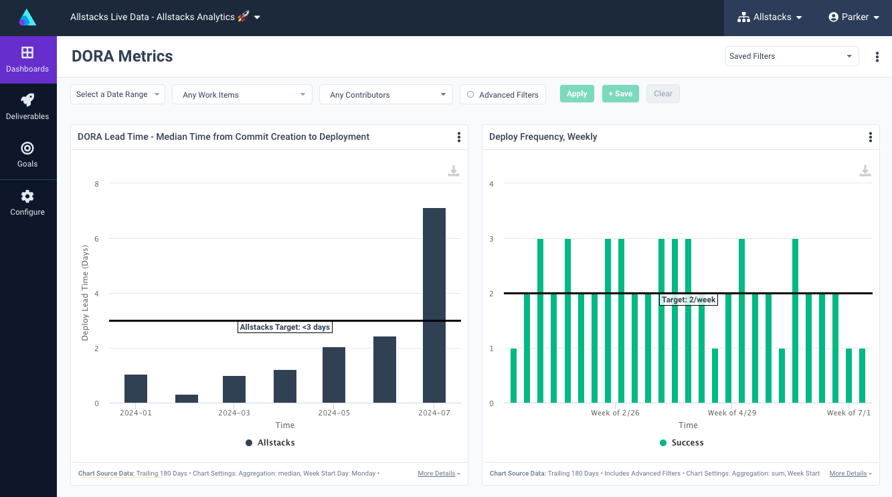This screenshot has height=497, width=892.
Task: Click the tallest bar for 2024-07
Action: (x=434, y=305)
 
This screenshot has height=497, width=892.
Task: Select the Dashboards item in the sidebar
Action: (x=27, y=60)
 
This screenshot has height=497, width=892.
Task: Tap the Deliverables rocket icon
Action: (x=27, y=100)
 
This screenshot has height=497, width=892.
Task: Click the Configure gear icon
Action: (x=27, y=197)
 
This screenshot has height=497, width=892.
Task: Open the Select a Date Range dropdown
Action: (x=117, y=94)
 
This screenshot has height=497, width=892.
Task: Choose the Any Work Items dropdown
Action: (x=242, y=95)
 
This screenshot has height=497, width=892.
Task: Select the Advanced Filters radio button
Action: (x=470, y=95)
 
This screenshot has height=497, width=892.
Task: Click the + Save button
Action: (x=620, y=94)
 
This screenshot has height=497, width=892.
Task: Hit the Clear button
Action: (x=662, y=94)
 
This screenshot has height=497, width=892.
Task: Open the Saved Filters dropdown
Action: (x=792, y=56)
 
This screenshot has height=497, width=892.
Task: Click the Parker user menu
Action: (x=854, y=17)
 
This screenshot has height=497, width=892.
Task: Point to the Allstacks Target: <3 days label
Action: (x=285, y=327)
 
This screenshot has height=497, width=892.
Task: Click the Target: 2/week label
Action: (x=689, y=300)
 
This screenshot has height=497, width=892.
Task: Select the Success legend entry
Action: (x=681, y=442)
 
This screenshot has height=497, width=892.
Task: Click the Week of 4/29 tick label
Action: (x=732, y=413)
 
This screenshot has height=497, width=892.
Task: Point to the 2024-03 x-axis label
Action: (x=234, y=413)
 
